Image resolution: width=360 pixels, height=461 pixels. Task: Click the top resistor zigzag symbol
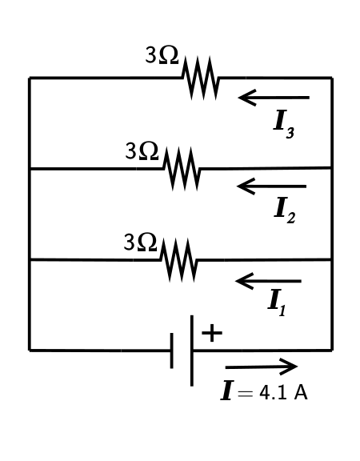tap(201, 78)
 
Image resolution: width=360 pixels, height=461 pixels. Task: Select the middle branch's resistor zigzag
tap(182, 168)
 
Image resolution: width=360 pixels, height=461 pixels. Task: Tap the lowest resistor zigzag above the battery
tap(178, 259)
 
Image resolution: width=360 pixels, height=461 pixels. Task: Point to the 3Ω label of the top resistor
tap(162, 55)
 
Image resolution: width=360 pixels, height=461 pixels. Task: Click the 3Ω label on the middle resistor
tap(142, 150)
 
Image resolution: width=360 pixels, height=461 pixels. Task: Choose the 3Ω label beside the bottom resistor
tap(141, 242)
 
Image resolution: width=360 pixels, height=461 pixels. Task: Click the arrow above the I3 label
tap(273, 98)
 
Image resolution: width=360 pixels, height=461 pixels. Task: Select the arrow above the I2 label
tap(271, 186)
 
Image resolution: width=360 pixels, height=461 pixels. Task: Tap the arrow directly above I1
tap(268, 281)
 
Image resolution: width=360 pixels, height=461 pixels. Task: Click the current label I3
tap(283, 122)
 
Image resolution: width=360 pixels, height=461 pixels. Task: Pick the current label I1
tap(277, 302)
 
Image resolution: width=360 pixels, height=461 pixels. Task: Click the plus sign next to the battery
tap(211, 333)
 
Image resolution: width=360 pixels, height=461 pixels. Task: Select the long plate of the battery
tap(192, 350)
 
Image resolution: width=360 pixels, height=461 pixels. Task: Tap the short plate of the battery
tap(172, 351)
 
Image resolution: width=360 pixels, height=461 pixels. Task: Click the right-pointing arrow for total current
tap(261, 367)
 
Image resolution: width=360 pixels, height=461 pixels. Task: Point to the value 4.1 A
tap(283, 393)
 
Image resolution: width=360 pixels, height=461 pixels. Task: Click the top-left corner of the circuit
tap(30, 78)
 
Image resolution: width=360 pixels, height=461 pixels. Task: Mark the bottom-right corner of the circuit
tap(331, 350)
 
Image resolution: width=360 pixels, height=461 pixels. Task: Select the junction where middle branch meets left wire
tap(30, 169)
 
